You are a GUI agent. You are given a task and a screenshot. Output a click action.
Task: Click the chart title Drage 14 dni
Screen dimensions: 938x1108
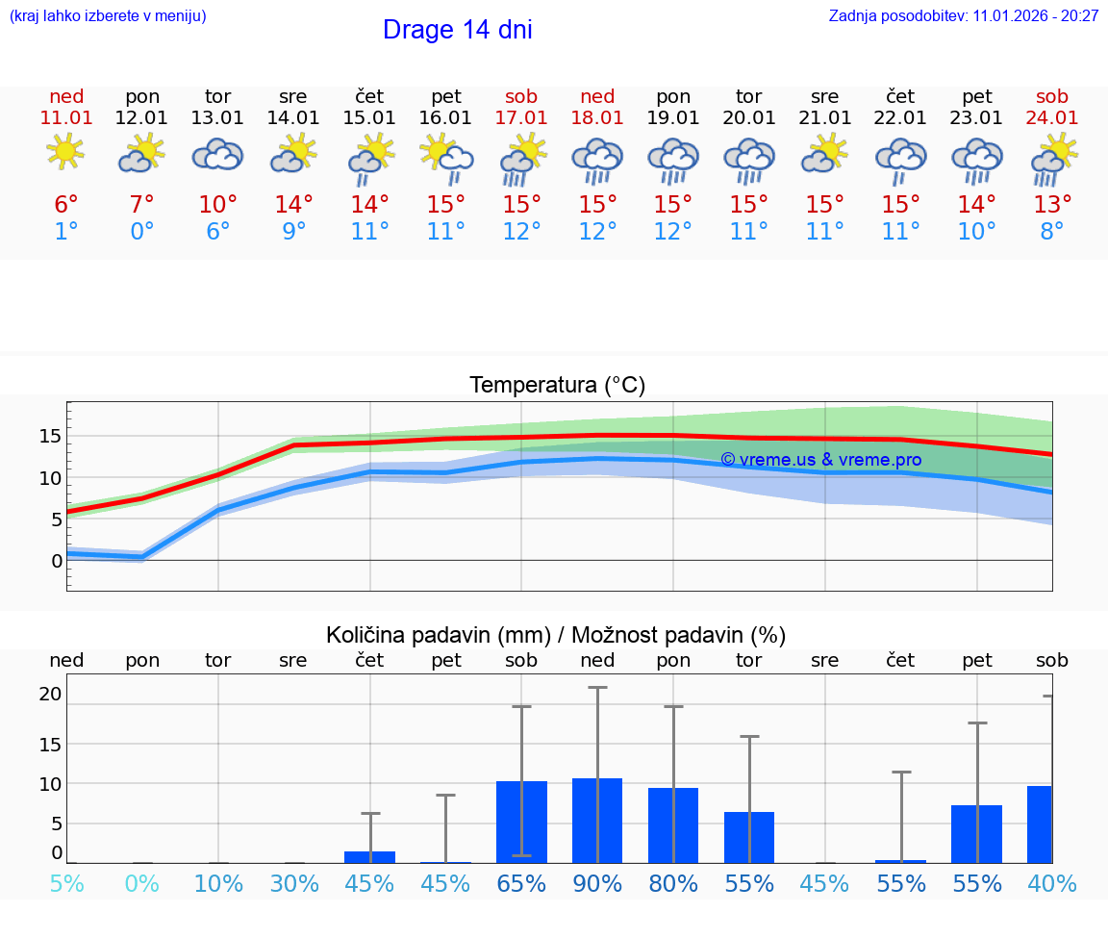point(457,30)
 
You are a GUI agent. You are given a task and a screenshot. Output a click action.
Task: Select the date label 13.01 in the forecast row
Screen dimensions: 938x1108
point(218,117)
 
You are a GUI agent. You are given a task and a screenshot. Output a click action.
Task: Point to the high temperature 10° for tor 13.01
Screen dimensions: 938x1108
point(218,204)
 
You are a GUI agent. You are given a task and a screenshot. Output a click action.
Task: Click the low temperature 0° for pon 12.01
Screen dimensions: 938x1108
point(142,231)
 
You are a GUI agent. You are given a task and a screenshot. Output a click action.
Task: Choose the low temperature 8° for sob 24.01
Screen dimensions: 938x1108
point(1052,231)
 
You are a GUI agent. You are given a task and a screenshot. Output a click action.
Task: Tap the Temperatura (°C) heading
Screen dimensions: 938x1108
point(557,385)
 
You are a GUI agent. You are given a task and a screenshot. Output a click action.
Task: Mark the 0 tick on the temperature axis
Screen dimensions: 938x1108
point(56,560)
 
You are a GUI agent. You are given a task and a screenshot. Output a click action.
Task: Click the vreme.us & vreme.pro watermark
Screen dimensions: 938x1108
point(820,460)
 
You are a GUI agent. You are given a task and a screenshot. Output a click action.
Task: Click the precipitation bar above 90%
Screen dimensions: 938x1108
point(597,820)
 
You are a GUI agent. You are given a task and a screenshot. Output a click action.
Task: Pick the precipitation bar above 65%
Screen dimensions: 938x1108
point(521,822)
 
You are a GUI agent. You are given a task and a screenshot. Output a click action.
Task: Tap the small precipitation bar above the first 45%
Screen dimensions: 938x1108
point(370,856)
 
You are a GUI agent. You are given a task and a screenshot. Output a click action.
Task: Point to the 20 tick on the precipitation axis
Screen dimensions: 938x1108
point(50,694)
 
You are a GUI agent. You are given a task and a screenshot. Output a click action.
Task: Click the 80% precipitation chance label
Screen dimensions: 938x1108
point(673,883)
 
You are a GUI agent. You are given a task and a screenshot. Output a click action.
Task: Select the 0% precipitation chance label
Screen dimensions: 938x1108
point(142,883)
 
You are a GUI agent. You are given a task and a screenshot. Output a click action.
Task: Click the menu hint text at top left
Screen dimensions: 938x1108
point(108,15)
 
